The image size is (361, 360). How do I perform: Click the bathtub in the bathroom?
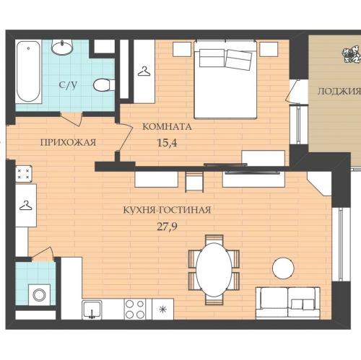[29, 72]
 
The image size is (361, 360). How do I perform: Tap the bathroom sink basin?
[62, 47]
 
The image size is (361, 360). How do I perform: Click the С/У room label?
[69, 85]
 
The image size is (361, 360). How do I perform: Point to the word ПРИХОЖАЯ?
[68, 143]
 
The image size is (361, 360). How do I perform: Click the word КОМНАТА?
[167, 127]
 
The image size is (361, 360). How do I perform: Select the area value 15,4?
[167, 143]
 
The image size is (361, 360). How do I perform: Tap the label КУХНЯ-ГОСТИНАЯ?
[167, 210]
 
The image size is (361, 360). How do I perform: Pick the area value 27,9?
[167, 227]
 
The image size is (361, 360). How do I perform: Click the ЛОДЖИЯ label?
[339, 92]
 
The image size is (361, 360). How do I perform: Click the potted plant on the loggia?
[352, 55]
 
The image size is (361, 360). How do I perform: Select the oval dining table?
[214, 268]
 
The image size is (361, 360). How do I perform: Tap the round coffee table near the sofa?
[283, 268]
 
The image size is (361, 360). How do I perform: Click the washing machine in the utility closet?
[40, 294]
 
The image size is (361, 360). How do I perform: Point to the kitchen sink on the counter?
[92, 309]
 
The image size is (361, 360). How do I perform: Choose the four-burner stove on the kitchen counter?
[135, 309]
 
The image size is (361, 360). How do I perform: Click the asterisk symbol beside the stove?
[163, 309]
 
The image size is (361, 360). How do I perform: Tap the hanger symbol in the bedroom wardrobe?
[144, 71]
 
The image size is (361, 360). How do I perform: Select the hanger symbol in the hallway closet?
[26, 206]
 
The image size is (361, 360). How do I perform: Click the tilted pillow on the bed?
[239, 60]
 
